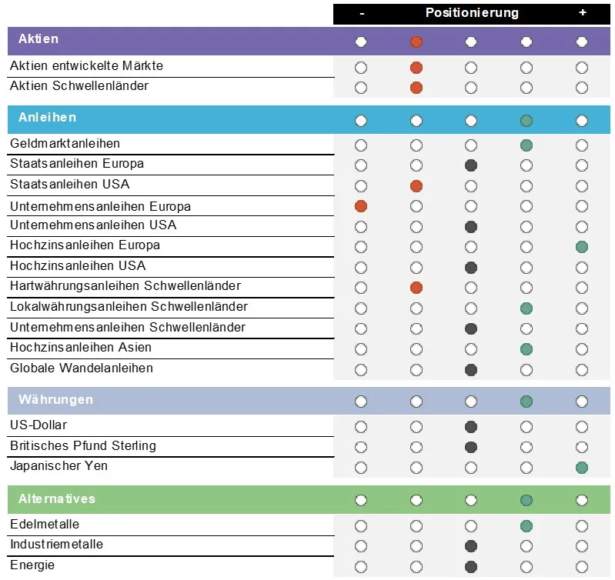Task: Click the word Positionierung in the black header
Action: pos(472,13)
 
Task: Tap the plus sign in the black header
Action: pos(583,12)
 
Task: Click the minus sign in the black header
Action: pos(362,14)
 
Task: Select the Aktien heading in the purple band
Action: pos(38,38)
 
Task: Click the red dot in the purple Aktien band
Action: pos(416,42)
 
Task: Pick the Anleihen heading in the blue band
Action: pos(48,117)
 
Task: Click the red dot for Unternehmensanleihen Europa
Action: pos(361,206)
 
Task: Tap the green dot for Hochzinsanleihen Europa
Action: pos(582,247)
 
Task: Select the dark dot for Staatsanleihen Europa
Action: pos(471,165)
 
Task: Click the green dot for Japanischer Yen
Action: pos(582,468)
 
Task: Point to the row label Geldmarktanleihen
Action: pos(65,143)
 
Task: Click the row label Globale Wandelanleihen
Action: pos(82,368)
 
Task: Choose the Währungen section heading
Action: pos(55,400)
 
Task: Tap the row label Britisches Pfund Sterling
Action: pos(83,445)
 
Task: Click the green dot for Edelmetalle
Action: pos(526,526)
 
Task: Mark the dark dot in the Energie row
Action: pos(471,567)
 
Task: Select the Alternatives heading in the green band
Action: pos(57,498)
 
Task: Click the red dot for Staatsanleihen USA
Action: pos(416,185)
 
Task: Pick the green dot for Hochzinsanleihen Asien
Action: pos(526,348)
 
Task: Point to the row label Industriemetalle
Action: pos(56,545)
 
